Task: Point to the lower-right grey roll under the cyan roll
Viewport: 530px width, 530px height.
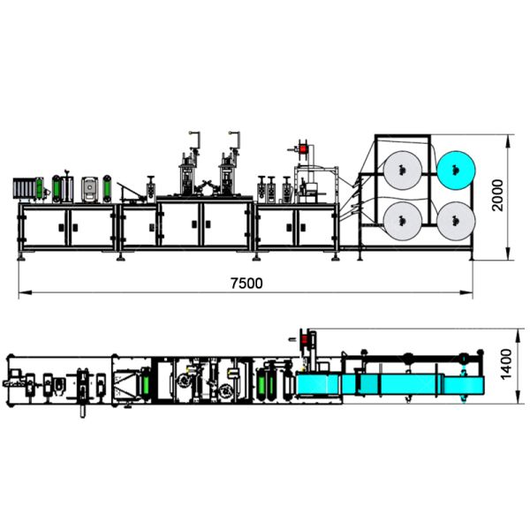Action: pyautogui.click(x=456, y=217)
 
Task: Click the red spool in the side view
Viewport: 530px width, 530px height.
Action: pyautogui.click(x=305, y=149)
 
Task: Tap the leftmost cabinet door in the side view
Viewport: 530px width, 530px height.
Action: pyautogui.click(x=43, y=228)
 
